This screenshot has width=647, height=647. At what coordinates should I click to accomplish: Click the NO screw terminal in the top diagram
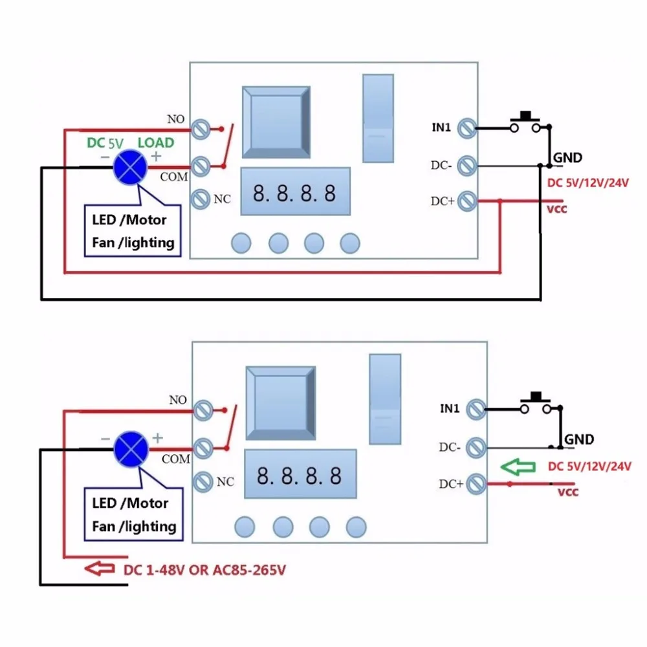pos(201,129)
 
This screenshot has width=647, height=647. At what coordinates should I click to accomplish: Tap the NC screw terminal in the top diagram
pos(200,199)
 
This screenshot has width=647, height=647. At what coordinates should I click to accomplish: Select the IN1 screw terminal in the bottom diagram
pos(476,410)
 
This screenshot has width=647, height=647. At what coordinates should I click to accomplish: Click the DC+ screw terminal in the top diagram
pos(467,201)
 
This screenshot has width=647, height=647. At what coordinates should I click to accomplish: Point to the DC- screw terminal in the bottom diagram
pos(476,447)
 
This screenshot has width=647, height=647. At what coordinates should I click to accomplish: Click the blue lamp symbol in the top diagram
pos(130,167)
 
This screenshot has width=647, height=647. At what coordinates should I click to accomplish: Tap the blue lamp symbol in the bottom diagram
pos(131,449)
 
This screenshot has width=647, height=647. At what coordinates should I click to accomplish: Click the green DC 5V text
pos(105,143)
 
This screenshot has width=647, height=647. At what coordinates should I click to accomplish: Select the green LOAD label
pos(155,143)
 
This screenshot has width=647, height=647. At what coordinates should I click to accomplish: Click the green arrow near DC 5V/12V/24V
pos(518,467)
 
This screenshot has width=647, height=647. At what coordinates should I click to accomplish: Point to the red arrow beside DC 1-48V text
pos(100,569)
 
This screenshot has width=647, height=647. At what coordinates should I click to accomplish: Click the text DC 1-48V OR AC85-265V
pos(204,570)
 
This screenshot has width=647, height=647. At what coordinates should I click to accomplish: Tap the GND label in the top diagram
pos(567,158)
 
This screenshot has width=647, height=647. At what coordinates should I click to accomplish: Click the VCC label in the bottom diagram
pos(568,492)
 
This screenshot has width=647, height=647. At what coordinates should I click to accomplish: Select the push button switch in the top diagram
pos(525,122)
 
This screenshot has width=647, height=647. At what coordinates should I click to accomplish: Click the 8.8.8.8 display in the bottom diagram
pos(300,474)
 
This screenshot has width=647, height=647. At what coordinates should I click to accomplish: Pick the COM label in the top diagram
pos(173,177)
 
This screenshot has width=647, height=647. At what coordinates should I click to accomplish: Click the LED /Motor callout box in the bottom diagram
pos(133,514)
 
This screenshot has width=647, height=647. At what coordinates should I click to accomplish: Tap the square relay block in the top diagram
pos(276,122)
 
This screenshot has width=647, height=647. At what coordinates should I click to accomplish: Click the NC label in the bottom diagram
pos(225,481)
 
